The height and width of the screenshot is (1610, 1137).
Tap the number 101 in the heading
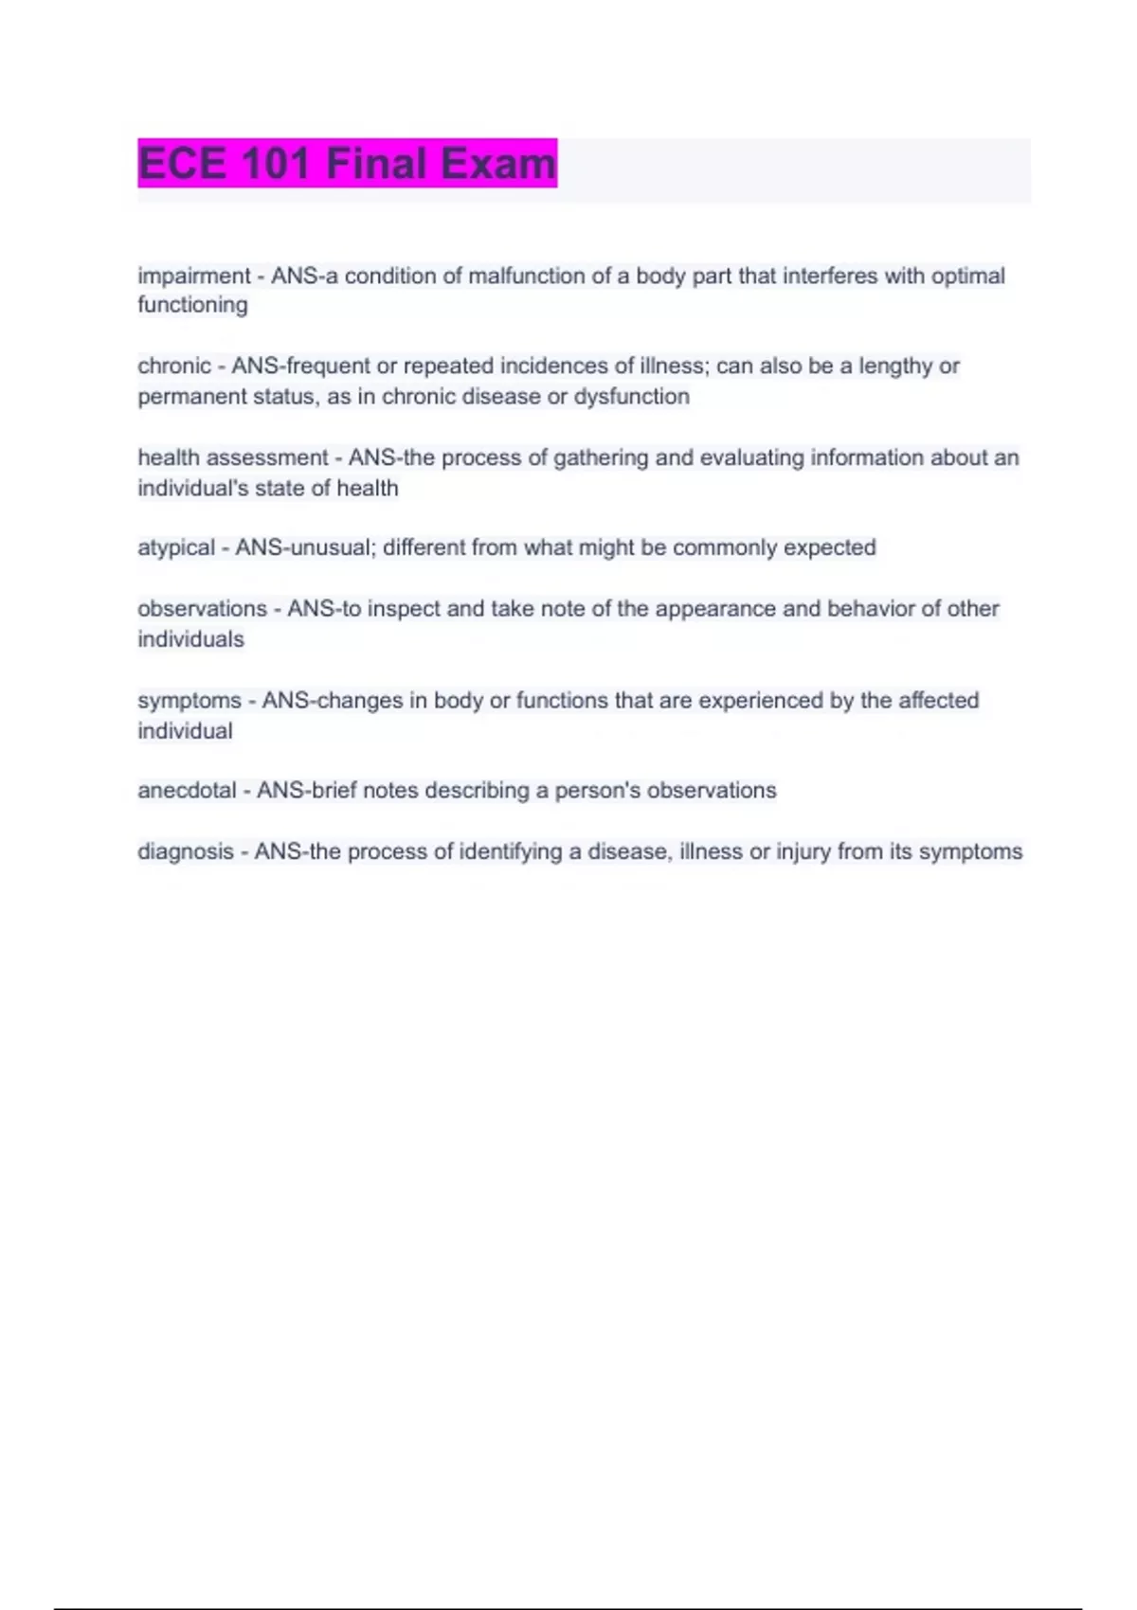pyautogui.click(x=276, y=164)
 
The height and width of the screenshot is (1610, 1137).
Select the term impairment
pyautogui.click(x=193, y=276)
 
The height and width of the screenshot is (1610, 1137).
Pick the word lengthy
pyautogui.click(x=895, y=366)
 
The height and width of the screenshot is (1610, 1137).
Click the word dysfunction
pyautogui.click(x=631, y=396)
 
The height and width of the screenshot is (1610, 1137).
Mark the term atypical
pyautogui.click(x=176, y=547)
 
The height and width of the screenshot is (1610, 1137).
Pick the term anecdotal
pyautogui.click(x=187, y=790)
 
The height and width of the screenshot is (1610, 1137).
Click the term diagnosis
pyautogui.click(x=186, y=851)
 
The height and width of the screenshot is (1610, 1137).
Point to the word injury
pyautogui.click(x=803, y=851)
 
